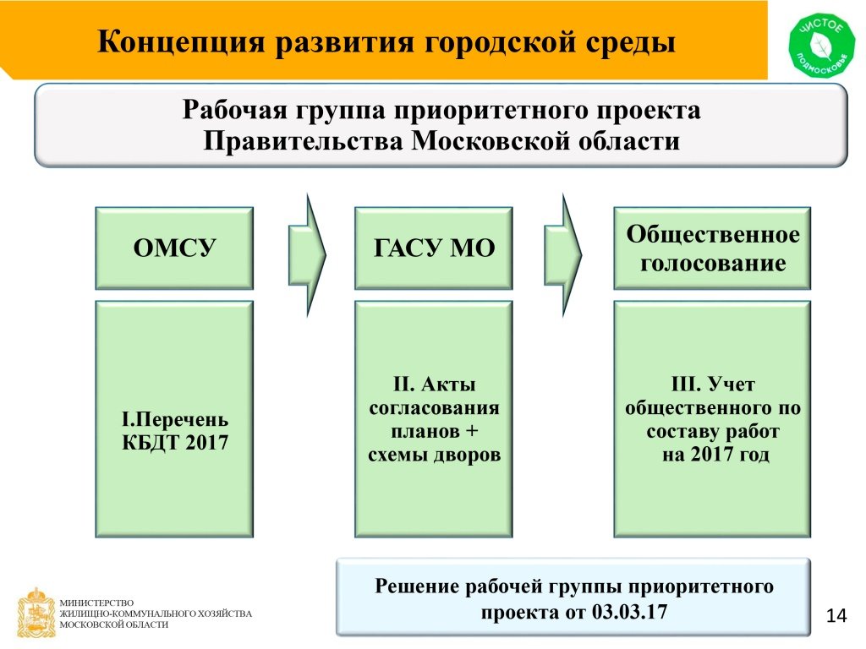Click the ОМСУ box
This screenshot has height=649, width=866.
pyautogui.click(x=174, y=248)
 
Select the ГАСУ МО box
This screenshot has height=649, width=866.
pyautogui.click(x=434, y=248)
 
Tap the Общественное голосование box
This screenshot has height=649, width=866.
pyautogui.click(x=712, y=248)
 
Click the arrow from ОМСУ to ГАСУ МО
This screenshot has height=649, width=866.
pyautogui.click(x=308, y=255)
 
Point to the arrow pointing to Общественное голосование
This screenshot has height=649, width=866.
pyautogui.click(x=563, y=255)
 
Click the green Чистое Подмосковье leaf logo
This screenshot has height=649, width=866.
pyautogui.click(x=821, y=46)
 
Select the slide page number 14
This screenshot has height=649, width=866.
pyautogui.click(x=836, y=615)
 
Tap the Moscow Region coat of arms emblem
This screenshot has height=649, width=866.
pyautogui.click(x=36, y=613)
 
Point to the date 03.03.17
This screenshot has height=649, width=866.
pyautogui.click(x=629, y=612)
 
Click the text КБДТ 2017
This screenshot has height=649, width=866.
pyautogui.click(x=175, y=443)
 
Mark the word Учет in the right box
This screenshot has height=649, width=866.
pyautogui.click(x=731, y=384)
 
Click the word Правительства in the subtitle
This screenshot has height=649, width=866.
pyautogui.click(x=304, y=141)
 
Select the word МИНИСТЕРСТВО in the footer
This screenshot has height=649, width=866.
pyautogui.click(x=96, y=603)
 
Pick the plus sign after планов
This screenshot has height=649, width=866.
pyautogui.click(x=471, y=431)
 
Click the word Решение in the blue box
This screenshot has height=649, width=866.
pyautogui.click(x=416, y=586)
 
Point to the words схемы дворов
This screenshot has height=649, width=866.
pyautogui.click(x=434, y=455)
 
